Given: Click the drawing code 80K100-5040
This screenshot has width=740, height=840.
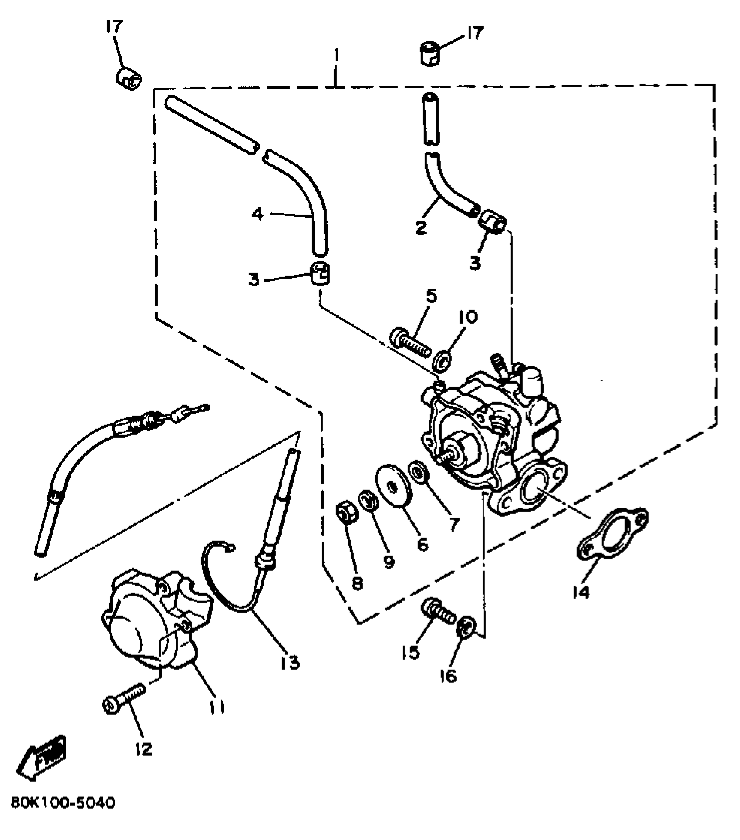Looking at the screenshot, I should pos(63,815).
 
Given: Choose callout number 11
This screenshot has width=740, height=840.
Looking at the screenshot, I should pos(216,707).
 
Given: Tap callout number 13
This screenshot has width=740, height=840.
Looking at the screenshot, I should pos(290,662).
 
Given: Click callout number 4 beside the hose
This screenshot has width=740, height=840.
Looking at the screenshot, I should pos(258,214).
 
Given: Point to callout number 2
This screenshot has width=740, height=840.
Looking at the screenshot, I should pos(420,227).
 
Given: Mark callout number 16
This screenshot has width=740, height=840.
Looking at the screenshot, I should pos(449,676).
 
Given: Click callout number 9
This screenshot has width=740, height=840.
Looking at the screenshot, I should pos(389,561).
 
